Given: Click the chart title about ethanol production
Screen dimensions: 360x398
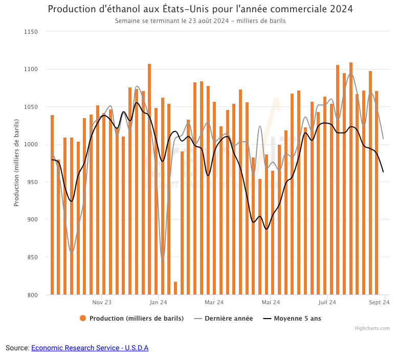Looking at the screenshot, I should [x=200, y=9].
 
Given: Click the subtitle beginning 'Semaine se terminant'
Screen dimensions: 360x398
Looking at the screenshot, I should [x=200, y=21].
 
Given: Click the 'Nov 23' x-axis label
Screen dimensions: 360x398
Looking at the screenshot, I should [x=102, y=302].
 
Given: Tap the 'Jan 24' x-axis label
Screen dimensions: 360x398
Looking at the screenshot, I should [x=158, y=302].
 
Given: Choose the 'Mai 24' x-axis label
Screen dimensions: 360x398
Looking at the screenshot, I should [x=270, y=302].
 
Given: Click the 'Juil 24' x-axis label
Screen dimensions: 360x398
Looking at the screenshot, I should [x=327, y=302].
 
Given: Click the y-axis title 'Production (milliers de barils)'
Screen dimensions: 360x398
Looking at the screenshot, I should [x=16, y=163].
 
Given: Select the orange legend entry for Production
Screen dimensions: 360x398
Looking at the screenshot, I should [x=131, y=318].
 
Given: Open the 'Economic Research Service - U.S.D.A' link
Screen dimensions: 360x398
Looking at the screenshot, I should [x=90, y=348].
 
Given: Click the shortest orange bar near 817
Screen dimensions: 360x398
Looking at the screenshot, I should [x=175, y=288].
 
